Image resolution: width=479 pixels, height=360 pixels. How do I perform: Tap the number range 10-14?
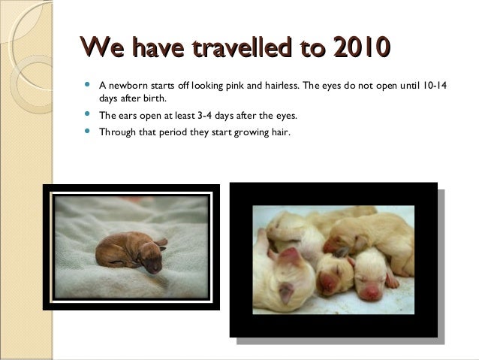click(433, 85)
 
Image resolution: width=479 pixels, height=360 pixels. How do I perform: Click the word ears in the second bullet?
click(129, 116)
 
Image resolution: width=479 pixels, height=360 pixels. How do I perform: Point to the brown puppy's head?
click(153, 258)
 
